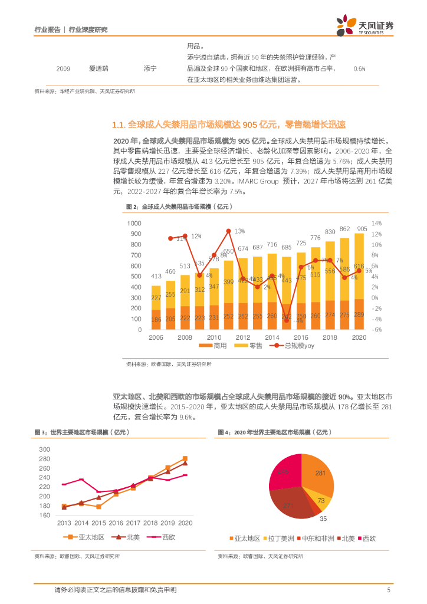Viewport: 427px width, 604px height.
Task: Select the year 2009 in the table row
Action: coord(63,69)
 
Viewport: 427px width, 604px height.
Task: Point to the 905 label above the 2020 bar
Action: coord(362,229)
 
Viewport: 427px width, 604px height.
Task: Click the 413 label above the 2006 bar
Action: coord(156,276)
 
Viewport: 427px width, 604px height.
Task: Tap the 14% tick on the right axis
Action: coord(376,224)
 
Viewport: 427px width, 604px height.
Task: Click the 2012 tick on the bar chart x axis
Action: coord(242,337)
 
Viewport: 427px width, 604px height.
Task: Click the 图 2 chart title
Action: coord(179,206)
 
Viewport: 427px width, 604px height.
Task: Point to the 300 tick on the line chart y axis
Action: coord(44,449)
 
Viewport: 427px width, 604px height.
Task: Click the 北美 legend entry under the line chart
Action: coord(128,537)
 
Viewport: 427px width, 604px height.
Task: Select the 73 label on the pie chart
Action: coord(321,500)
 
